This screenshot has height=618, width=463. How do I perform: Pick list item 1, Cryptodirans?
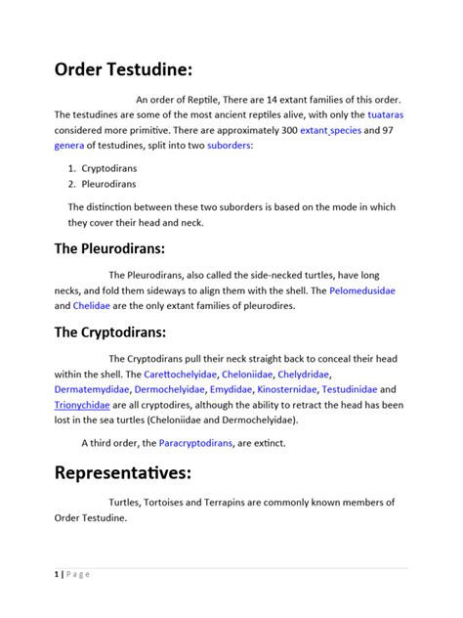[108, 168]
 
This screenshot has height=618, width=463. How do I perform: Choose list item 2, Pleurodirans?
[108, 183]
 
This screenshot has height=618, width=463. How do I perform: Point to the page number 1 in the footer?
[56, 574]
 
